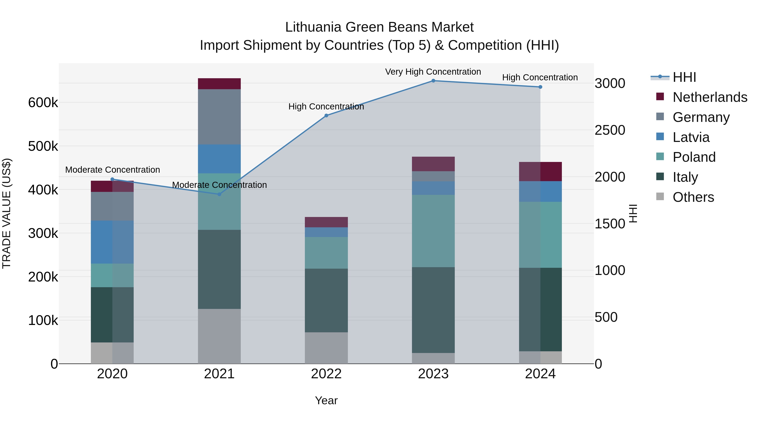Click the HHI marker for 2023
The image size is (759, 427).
(433, 81)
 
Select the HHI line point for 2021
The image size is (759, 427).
(219, 194)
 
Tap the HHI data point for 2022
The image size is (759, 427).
(326, 116)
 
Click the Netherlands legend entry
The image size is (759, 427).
(709, 97)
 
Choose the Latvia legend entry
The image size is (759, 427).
(691, 137)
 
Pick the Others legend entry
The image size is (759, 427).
(693, 197)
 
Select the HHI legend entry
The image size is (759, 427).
(684, 77)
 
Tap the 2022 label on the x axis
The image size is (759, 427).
(326, 374)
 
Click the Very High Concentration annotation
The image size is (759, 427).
(433, 72)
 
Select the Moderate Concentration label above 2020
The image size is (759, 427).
(113, 170)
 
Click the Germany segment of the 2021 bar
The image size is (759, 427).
(219, 117)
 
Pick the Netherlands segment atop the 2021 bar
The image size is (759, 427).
(219, 84)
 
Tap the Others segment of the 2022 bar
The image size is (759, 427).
(326, 348)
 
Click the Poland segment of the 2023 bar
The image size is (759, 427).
(433, 231)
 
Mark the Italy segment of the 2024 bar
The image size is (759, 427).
(540, 309)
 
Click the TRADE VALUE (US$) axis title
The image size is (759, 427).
(7, 213)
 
